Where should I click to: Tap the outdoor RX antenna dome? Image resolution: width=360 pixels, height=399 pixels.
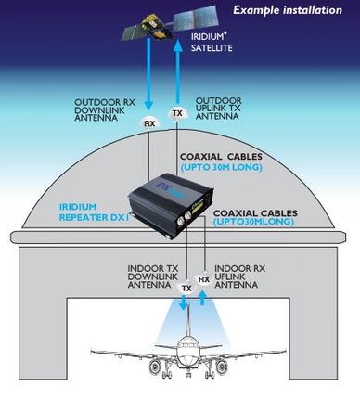pos(149,122)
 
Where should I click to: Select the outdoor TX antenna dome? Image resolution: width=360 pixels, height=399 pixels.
pos(177,114)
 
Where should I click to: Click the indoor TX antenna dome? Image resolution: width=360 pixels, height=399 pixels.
pos(186,289)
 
